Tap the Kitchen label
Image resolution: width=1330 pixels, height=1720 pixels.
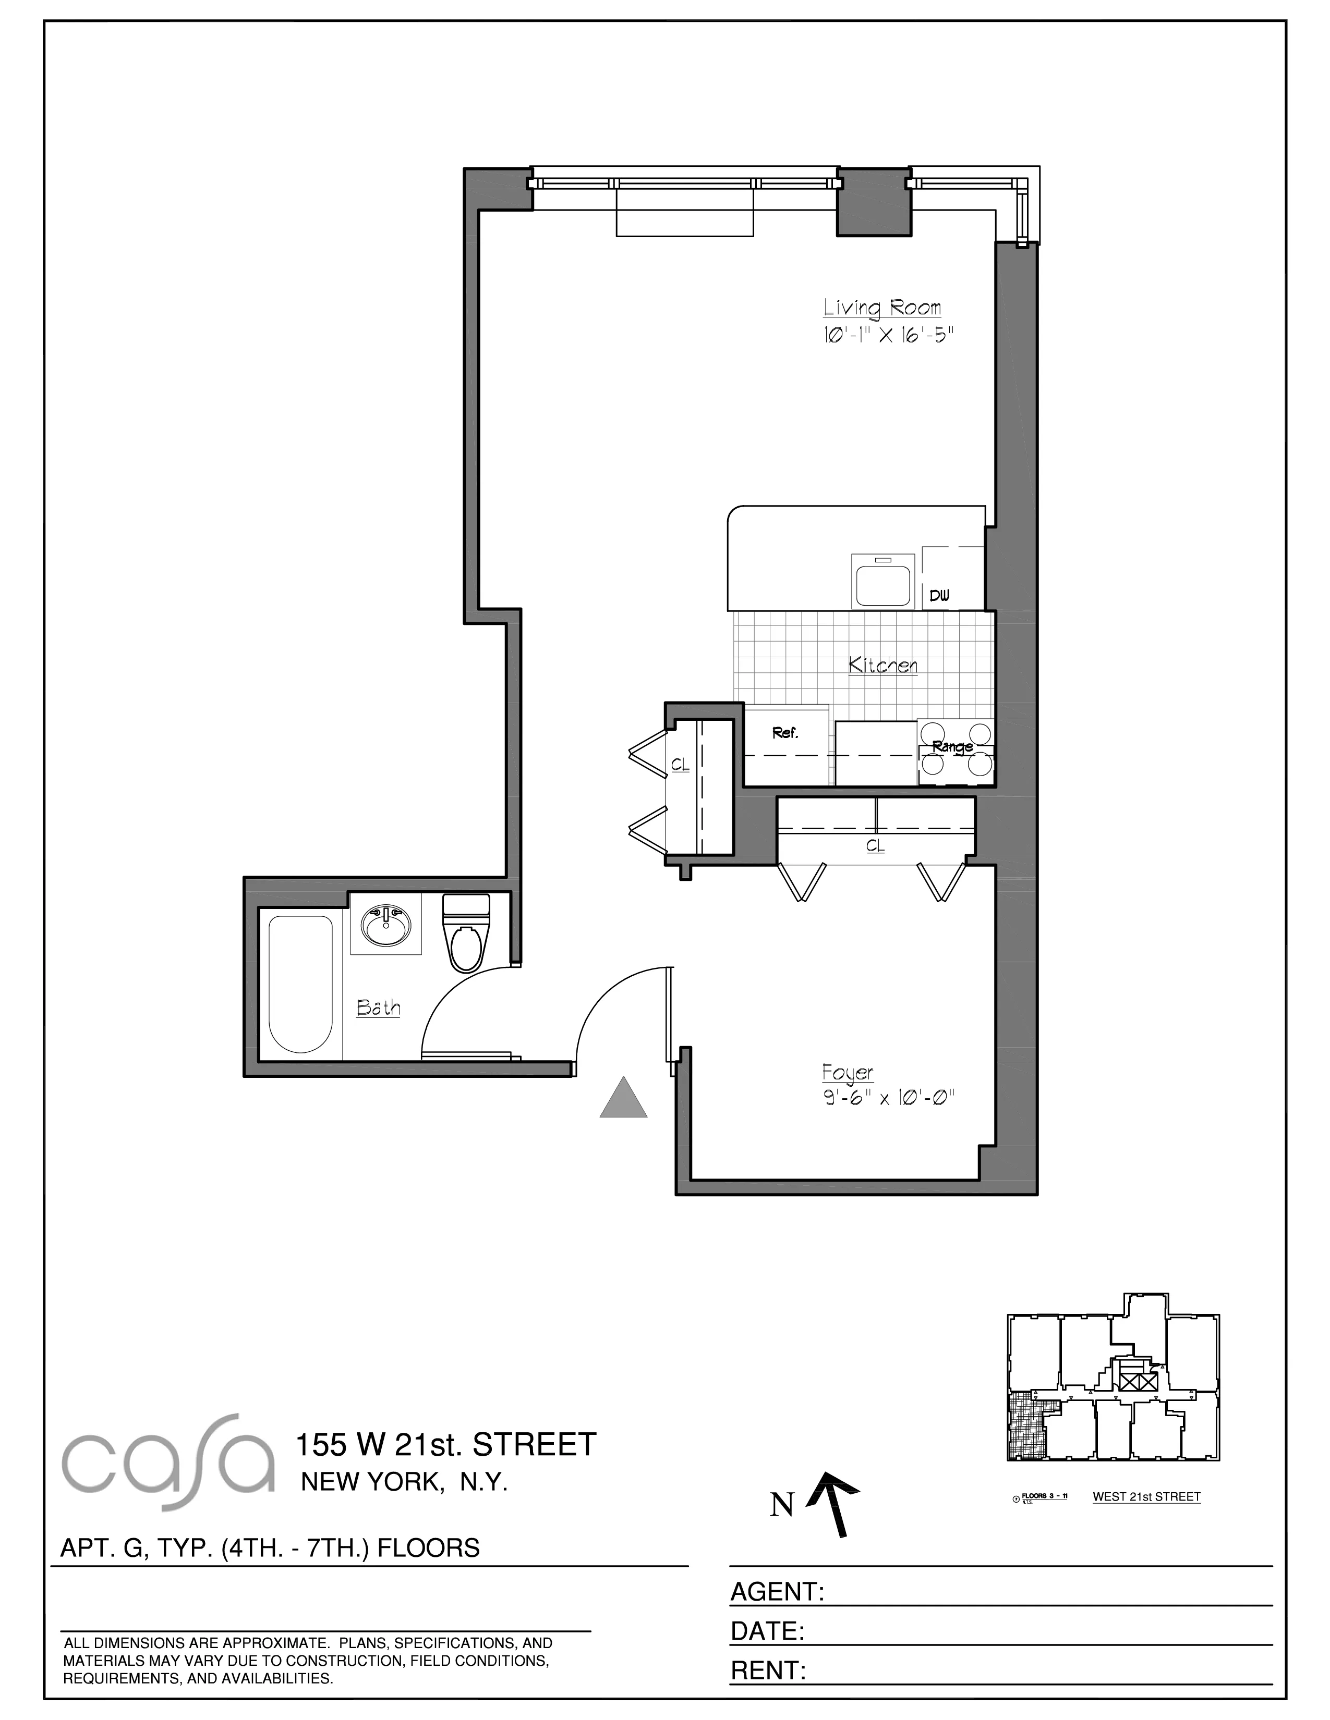point(882,666)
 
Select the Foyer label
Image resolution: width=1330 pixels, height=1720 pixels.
point(848,1073)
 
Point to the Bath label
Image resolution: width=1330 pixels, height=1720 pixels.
point(378,1008)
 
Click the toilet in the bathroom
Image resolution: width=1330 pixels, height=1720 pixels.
point(466,933)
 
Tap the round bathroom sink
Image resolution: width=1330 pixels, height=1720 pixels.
point(385,926)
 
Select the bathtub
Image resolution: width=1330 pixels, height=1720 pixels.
point(300,985)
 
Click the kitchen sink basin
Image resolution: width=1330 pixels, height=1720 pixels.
point(882,581)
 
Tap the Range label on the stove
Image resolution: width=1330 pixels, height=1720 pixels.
point(952,746)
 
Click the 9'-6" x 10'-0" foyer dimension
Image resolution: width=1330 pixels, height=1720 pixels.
point(890,1098)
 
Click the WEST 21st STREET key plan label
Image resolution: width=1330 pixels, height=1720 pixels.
point(1146,1497)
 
